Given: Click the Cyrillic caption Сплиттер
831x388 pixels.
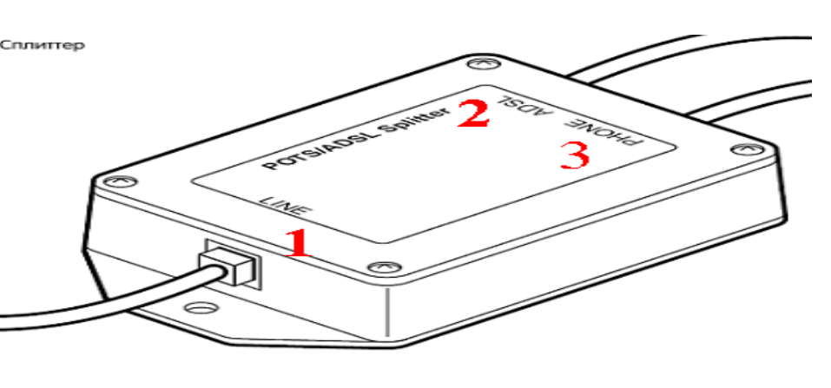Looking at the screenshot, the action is [x=42, y=46].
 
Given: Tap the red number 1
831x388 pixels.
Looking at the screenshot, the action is [x=299, y=244].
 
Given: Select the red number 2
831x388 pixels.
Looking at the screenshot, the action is [x=472, y=114].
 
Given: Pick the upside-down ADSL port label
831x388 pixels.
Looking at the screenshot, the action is [x=522, y=105].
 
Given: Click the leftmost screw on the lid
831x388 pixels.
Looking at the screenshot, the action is [x=119, y=181].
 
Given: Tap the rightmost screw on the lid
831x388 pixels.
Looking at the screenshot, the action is [x=748, y=150].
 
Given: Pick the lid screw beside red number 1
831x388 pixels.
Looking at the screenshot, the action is [x=384, y=266].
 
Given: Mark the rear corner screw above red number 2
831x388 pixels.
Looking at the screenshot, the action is [x=485, y=63].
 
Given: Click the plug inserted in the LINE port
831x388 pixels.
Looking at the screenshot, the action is [x=229, y=265].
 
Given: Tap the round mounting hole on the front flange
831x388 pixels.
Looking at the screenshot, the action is [x=201, y=307].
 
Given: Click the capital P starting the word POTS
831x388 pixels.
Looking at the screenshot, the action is [x=268, y=165].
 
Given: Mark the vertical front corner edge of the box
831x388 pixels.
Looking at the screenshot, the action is [x=387, y=312].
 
